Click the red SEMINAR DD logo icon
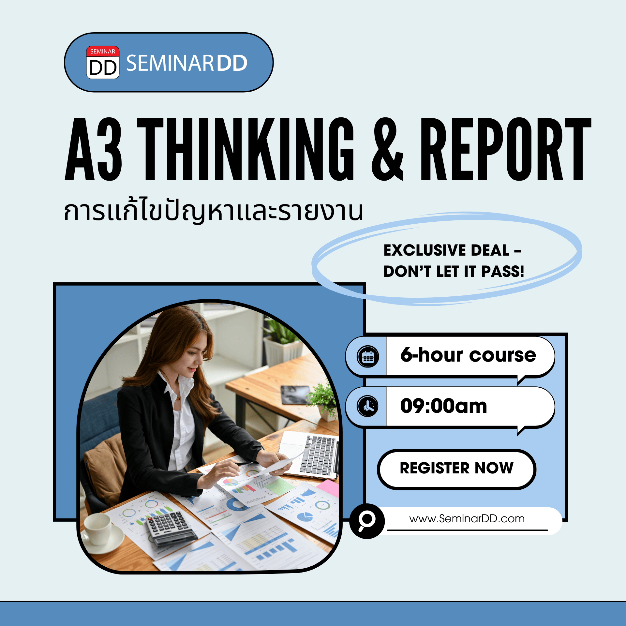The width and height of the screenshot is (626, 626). click(103, 62)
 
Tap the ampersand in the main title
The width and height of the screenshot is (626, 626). click(387, 149)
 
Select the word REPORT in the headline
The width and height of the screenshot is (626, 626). click(506, 149)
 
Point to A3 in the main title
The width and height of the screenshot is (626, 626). click(93, 149)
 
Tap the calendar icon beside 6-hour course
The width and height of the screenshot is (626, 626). click(368, 357)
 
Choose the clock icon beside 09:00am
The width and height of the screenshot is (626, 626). click(368, 406)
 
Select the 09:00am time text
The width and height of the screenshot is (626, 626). click(444, 406)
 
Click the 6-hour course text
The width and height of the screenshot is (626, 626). click(468, 355)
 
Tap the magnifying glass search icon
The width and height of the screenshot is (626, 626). click(367, 521)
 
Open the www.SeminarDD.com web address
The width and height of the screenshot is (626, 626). click(467, 518)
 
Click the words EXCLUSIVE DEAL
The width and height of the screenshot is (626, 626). click(447, 250)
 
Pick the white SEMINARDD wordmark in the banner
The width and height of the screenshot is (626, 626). click(187, 63)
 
